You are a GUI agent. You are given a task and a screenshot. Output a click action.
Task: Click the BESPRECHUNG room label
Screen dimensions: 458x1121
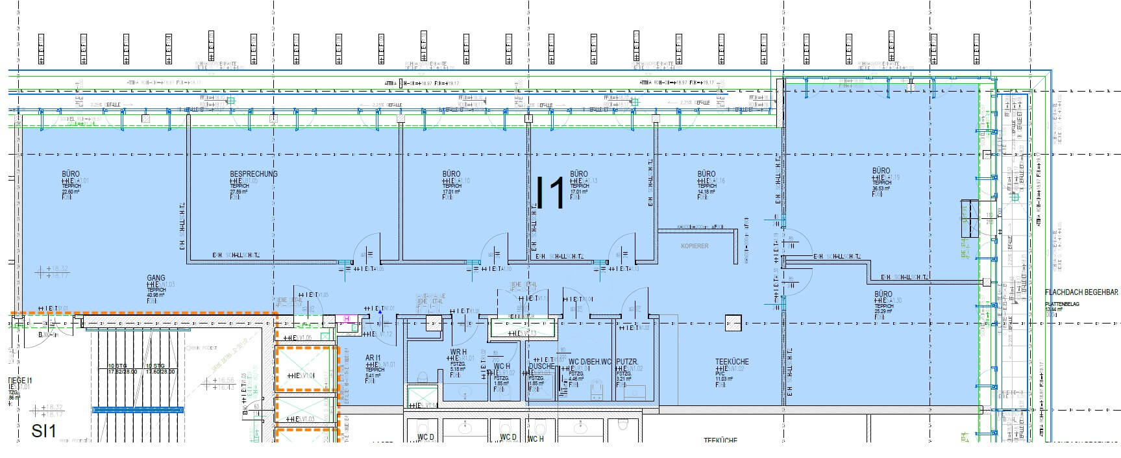253,174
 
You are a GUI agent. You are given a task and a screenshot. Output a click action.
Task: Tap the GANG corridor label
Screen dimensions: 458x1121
156,278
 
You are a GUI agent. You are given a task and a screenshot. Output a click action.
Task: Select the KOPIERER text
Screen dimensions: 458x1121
695,246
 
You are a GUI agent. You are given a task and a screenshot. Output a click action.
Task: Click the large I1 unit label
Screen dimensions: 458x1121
551,192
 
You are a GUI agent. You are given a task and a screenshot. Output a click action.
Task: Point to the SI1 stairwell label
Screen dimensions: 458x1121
44,431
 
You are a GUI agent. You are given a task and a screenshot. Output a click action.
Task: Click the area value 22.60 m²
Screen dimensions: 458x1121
69,192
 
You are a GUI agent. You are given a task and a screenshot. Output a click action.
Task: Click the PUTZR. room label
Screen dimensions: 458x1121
627,361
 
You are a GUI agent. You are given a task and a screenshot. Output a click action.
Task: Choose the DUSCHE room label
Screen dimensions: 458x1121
541,366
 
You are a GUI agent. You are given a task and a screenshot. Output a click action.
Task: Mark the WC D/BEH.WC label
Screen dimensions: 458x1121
590,361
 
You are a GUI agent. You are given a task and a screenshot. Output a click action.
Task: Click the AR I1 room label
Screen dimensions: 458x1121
373,358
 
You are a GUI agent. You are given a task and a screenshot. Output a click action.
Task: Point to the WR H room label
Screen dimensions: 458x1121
458,351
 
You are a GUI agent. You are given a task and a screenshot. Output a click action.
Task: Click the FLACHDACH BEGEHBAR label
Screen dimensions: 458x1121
1081,293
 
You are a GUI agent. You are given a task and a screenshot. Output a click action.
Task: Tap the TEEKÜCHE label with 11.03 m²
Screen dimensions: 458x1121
732,362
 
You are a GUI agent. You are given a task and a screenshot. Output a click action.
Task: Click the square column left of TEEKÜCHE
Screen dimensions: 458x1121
733,323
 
